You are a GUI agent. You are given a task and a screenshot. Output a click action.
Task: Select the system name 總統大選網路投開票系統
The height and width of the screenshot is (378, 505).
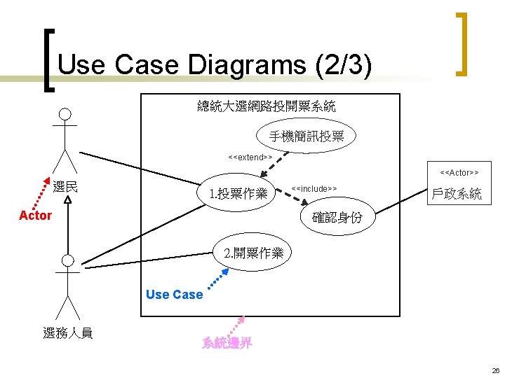[267, 106]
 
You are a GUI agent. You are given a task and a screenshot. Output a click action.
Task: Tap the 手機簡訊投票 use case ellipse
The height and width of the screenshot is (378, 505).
[307, 136]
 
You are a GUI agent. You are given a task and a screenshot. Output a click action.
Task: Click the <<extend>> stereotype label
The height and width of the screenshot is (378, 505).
[250, 157]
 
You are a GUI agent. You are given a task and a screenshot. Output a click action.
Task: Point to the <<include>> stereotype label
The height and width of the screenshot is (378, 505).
[314, 188]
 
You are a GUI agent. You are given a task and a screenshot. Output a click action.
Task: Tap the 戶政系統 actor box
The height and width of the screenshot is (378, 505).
[457, 194]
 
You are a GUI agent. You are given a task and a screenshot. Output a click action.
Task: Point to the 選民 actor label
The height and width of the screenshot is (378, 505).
[65, 187]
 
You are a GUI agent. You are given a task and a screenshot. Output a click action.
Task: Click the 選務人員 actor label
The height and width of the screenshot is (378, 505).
[67, 333]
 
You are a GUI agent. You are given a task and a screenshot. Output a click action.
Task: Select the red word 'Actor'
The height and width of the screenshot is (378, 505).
[35, 216]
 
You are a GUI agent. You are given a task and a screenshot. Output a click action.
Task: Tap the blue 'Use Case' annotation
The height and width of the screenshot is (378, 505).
[174, 295]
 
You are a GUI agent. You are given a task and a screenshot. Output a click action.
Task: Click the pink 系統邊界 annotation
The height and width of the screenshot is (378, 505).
[227, 343]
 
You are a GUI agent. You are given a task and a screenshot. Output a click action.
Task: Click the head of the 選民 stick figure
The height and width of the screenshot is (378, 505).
[65, 115]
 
